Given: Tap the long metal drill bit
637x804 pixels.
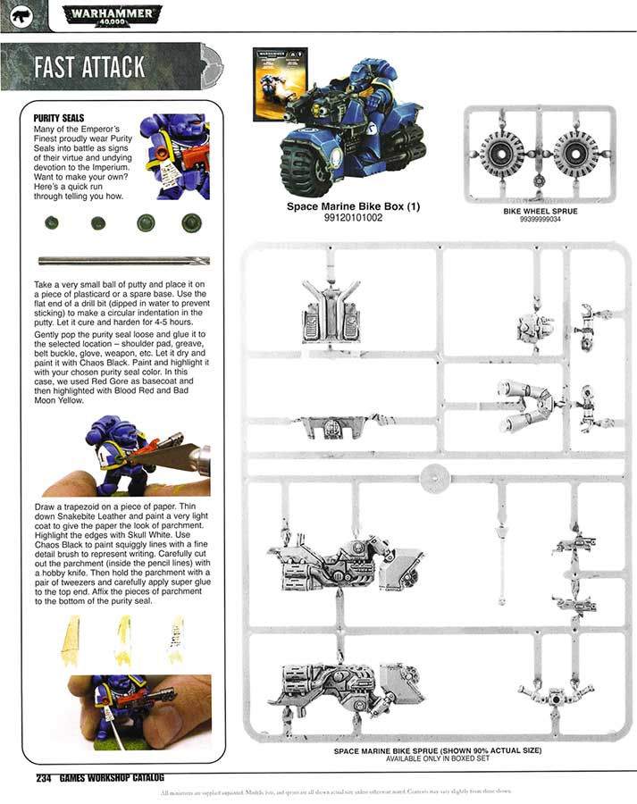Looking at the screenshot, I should point(123,260).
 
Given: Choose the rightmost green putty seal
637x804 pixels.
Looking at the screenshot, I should point(190,222).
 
